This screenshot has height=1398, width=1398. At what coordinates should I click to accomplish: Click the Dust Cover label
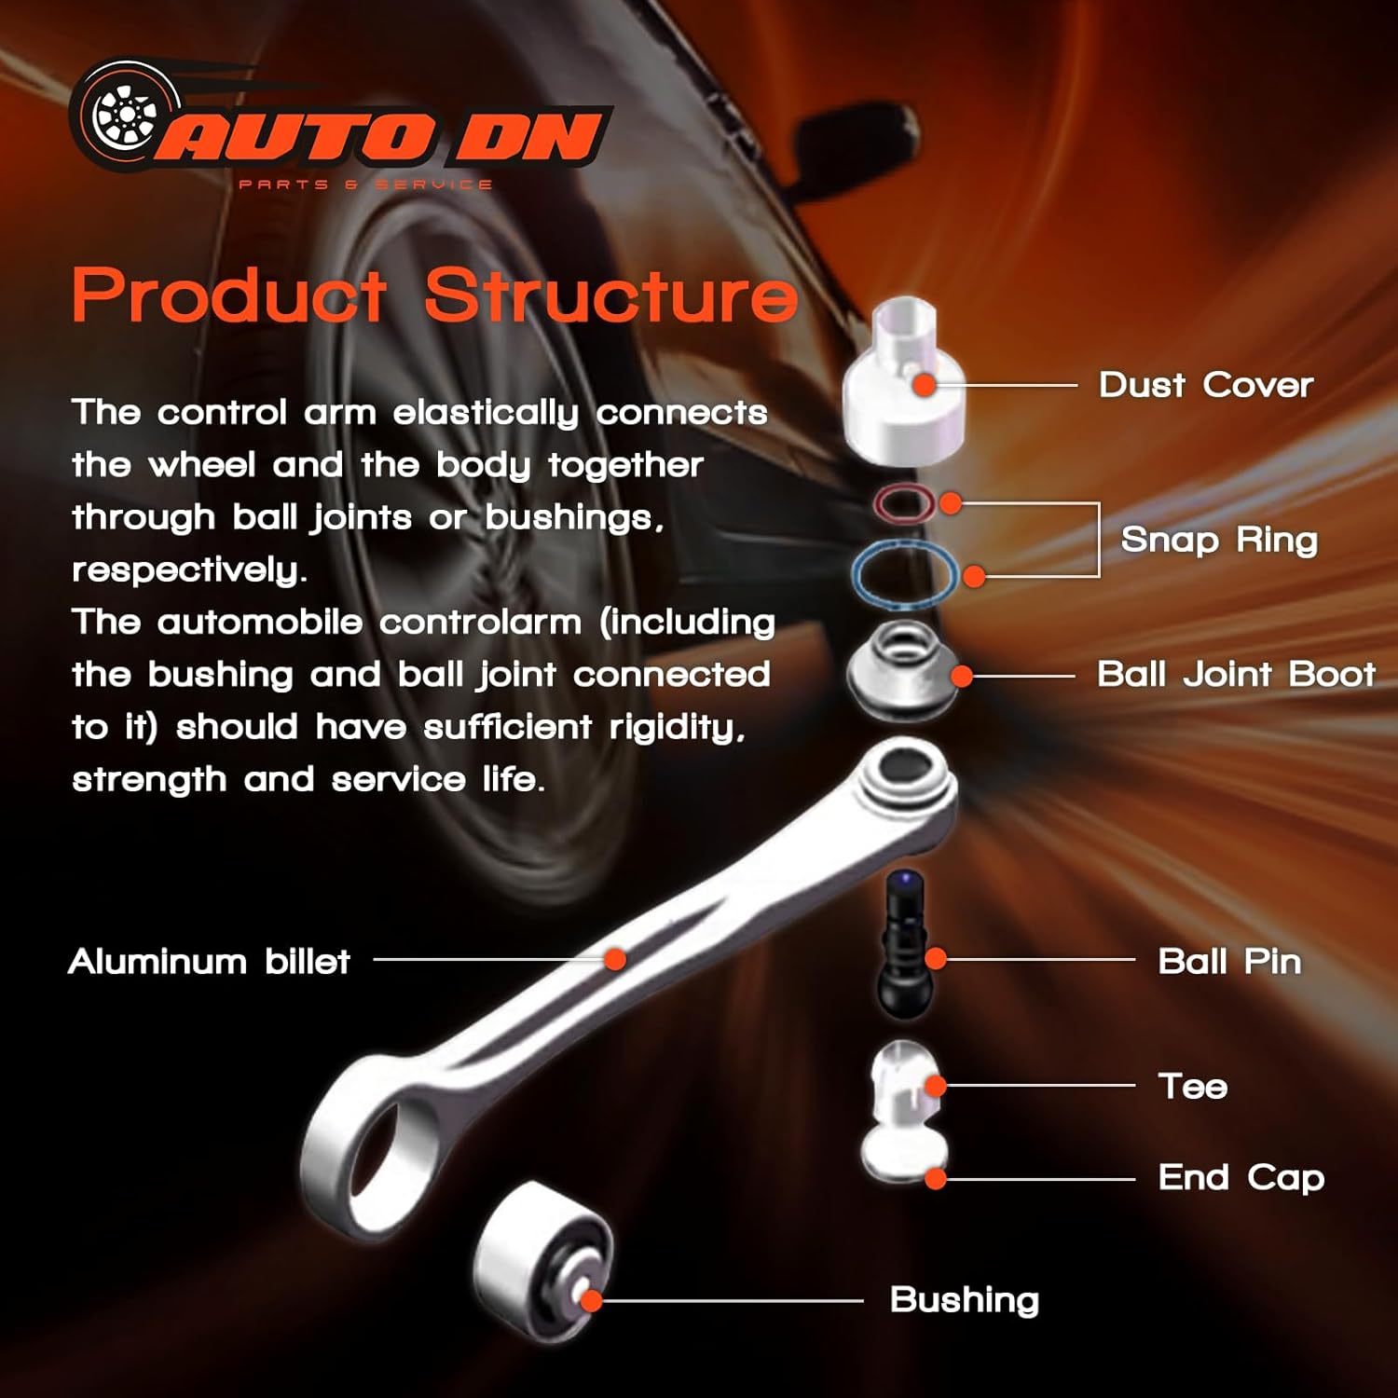coord(1205,385)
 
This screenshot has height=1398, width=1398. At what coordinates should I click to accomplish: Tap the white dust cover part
coord(902,391)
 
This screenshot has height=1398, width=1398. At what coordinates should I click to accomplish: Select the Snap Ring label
coord(1219,540)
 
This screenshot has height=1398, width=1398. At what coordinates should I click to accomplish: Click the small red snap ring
coord(903,504)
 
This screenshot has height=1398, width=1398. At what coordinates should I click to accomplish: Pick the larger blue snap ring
coord(903,574)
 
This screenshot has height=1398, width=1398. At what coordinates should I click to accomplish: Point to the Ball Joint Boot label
coord(1236,674)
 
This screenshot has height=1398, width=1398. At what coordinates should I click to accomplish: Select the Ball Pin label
coord(1228,961)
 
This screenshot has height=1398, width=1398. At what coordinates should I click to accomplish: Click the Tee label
coord(1192,1086)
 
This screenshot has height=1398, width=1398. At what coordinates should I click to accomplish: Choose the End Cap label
coord(1240,1178)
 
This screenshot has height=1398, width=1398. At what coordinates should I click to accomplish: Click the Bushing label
coord(964,1300)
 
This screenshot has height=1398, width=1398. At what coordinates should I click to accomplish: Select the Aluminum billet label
coord(209,961)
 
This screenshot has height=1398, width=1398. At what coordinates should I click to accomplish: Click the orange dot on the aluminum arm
coord(614,959)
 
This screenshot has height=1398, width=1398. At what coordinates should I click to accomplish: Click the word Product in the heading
coord(229,295)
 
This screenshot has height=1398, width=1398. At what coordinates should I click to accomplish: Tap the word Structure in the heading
coord(611,295)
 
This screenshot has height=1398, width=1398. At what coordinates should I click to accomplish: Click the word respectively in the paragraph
coord(188,569)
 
